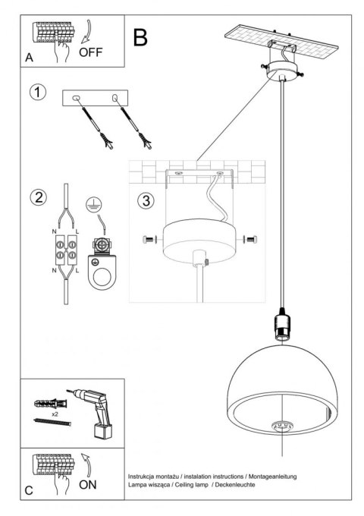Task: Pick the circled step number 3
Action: click(x=147, y=201)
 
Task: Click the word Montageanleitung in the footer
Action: click(x=270, y=476)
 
